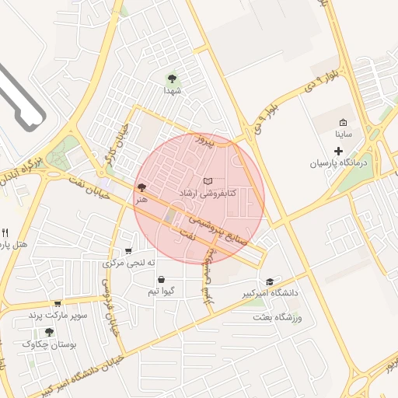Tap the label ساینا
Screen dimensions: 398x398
[344, 134]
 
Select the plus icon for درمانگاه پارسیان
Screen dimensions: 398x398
[338, 148]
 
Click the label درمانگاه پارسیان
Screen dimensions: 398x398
[338, 163]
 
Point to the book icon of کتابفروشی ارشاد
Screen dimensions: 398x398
[208, 181]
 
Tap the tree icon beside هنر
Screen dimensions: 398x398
[141, 187]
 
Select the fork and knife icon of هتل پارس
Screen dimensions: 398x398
[5, 232]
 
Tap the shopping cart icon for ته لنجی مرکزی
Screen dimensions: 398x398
[128, 251]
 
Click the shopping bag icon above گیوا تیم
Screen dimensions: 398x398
[161, 280]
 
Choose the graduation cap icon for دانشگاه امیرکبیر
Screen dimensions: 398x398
[270, 281]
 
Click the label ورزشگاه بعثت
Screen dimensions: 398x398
[282, 318]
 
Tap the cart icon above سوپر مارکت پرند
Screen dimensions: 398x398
[57, 303]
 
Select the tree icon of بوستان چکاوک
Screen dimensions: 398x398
[50, 332]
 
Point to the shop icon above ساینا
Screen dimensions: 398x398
[344, 122]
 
